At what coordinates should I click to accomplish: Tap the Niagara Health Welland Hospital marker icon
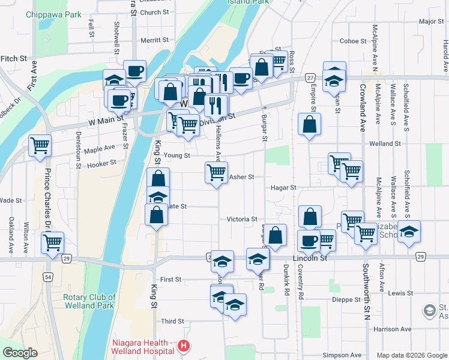tap(184, 347)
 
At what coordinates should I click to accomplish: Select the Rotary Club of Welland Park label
tap(89, 301)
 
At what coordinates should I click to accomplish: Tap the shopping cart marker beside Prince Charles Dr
tap(53, 243)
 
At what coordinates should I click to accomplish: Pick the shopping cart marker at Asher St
tap(216, 173)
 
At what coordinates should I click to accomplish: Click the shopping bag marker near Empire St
tap(309, 125)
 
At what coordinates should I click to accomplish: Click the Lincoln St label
tap(309, 258)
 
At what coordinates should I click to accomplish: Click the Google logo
tap(20, 353)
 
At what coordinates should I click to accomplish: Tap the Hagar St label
tap(285, 188)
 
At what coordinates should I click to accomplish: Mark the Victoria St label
tap(242, 220)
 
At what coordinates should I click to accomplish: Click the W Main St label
tap(105, 122)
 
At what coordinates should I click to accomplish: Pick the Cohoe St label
tap(353, 41)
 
